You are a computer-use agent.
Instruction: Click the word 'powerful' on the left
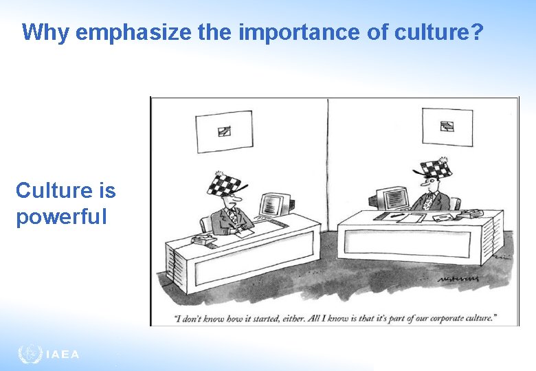61,217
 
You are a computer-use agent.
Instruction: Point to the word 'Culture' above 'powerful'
65,190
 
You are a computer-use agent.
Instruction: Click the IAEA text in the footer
63,355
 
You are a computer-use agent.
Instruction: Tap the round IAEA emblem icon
30,355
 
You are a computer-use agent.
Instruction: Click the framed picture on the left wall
224,131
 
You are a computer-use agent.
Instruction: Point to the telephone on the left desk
203,240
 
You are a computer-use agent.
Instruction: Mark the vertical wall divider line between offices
328,165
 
